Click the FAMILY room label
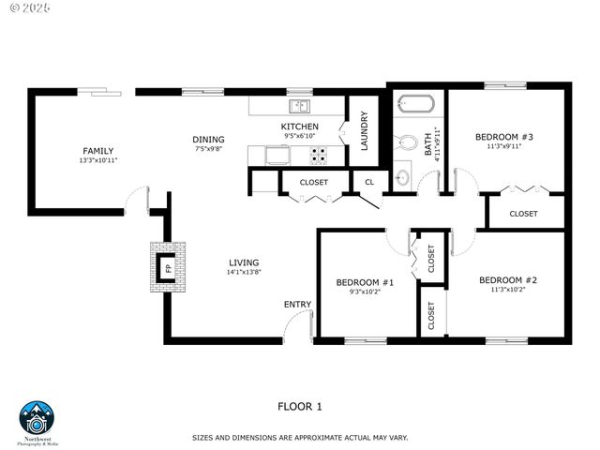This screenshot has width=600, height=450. [x=98, y=151]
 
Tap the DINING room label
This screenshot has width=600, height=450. [x=209, y=140]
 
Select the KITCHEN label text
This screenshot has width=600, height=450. [x=300, y=127]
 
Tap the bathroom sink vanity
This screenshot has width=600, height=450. [x=403, y=173]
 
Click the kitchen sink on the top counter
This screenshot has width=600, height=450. [x=300, y=105]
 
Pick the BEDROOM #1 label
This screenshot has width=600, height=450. [x=365, y=282]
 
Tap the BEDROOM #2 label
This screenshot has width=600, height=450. [x=507, y=280]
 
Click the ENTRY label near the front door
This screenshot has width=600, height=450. [x=297, y=305]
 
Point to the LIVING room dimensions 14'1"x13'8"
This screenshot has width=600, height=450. [x=243, y=273]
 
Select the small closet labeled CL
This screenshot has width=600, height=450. [x=369, y=182]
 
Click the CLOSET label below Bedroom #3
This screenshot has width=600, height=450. [x=523, y=214]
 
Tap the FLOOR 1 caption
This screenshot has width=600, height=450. [x=300, y=406]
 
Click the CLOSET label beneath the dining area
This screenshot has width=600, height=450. [x=313, y=182]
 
